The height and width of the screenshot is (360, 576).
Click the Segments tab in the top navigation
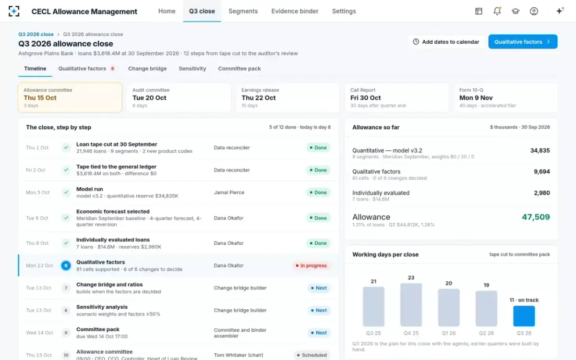click(243, 11)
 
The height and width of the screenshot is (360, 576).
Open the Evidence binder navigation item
click(295, 11)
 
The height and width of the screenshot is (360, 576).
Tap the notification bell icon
click(497, 11)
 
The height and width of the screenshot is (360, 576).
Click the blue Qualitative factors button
click(523, 42)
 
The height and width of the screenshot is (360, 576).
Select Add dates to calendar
click(446, 42)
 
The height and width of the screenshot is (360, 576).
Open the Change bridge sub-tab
click(147, 69)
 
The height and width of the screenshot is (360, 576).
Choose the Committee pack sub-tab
click(240, 69)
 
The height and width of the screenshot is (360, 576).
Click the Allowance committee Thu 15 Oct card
click(70, 97)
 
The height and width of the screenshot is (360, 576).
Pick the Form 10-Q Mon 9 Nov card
click(506, 97)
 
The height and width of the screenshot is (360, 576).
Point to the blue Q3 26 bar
click(524, 316)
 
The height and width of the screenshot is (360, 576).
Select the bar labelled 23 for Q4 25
click(411, 305)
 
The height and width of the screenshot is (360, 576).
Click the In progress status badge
click(311, 265)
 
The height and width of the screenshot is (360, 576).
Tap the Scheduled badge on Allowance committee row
click(312, 355)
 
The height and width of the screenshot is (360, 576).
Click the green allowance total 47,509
click(536, 217)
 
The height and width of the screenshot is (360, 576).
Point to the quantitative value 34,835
click(540, 150)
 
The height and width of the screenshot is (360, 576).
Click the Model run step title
click(89, 189)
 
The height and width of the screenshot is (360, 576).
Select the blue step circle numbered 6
click(66, 265)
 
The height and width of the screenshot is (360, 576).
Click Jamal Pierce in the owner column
click(229, 192)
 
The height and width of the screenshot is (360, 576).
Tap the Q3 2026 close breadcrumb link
click(36, 34)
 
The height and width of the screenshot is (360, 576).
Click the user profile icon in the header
click(534, 11)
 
